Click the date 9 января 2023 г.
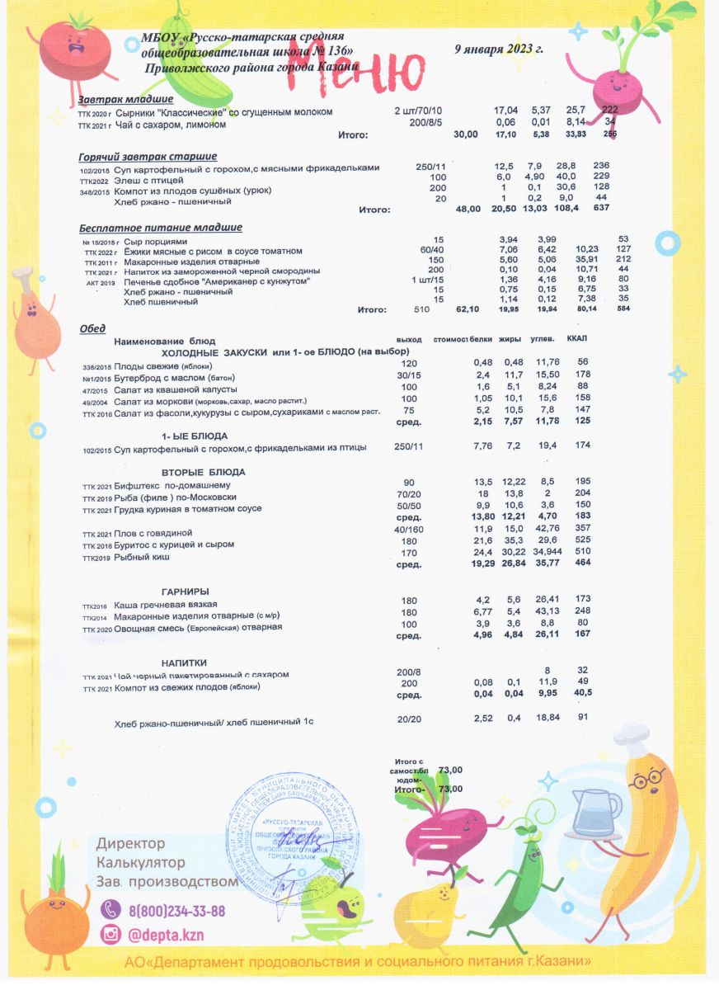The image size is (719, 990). pyautogui.click(x=499, y=49)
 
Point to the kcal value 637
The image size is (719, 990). pyautogui.click(x=602, y=210)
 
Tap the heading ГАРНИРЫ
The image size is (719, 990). pyautogui.click(x=185, y=591)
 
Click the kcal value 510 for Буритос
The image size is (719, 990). pyautogui.click(x=582, y=552)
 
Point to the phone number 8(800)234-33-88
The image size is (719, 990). pyautogui.click(x=176, y=911)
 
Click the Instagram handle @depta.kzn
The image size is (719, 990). pyautogui.click(x=165, y=935)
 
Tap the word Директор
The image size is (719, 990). pyautogui.click(x=131, y=843)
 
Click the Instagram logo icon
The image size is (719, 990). pyautogui.click(x=110, y=935)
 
